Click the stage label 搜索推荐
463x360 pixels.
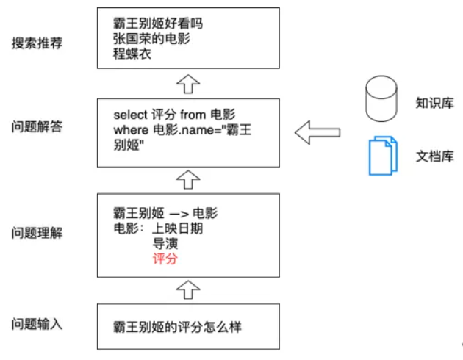click(x=37, y=42)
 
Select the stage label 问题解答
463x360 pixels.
click(x=37, y=126)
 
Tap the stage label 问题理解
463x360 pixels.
click(x=37, y=233)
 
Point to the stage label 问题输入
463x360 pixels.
click(x=37, y=324)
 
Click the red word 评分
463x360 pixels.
click(x=165, y=259)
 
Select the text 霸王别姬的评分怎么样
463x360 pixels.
click(x=177, y=327)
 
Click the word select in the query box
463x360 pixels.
click(x=131, y=115)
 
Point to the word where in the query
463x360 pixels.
click(x=130, y=130)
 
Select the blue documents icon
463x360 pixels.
click(x=382, y=155)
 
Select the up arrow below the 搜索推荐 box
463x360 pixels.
click(x=189, y=83)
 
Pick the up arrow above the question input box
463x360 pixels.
click(x=189, y=289)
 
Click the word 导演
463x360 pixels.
click(x=165, y=243)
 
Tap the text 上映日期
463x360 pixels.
click(x=177, y=228)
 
